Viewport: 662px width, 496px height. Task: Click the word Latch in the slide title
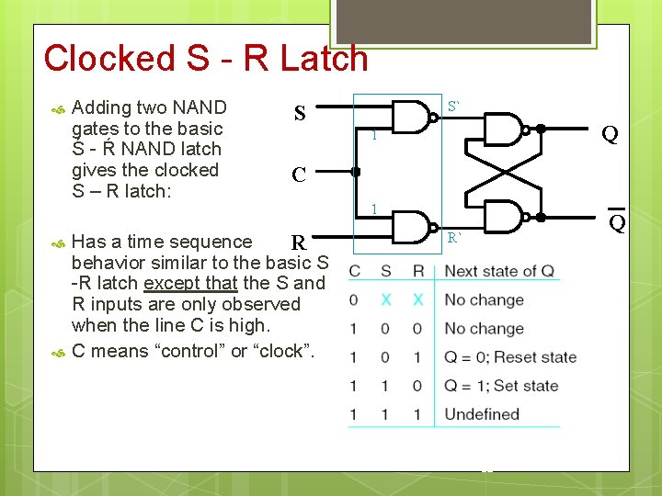[x=312, y=58]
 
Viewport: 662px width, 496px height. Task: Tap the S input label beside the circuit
[x=299, y=114]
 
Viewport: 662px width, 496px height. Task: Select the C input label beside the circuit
[x=299, y=175]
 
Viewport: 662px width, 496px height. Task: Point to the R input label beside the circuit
[x=298, y=243]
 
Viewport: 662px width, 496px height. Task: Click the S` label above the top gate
[x=454, y=107]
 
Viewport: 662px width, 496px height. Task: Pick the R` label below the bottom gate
[x=454, y=238]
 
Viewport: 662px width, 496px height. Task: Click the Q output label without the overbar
[x=609, y=135]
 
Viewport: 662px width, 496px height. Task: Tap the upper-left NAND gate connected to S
[x=414, y=117]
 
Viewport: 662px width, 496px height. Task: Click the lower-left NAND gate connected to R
[x=414, y=227]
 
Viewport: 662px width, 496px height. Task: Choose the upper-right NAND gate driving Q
[x=502, y=130]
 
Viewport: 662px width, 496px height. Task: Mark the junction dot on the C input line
[x=356, y=171]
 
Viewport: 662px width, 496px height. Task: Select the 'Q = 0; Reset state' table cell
[x=510, y=356]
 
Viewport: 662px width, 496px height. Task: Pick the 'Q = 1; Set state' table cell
[x=501, y=386]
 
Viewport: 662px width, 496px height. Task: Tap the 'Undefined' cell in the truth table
[x=482, y=414]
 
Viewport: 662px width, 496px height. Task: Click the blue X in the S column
[x=386, y=300]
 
